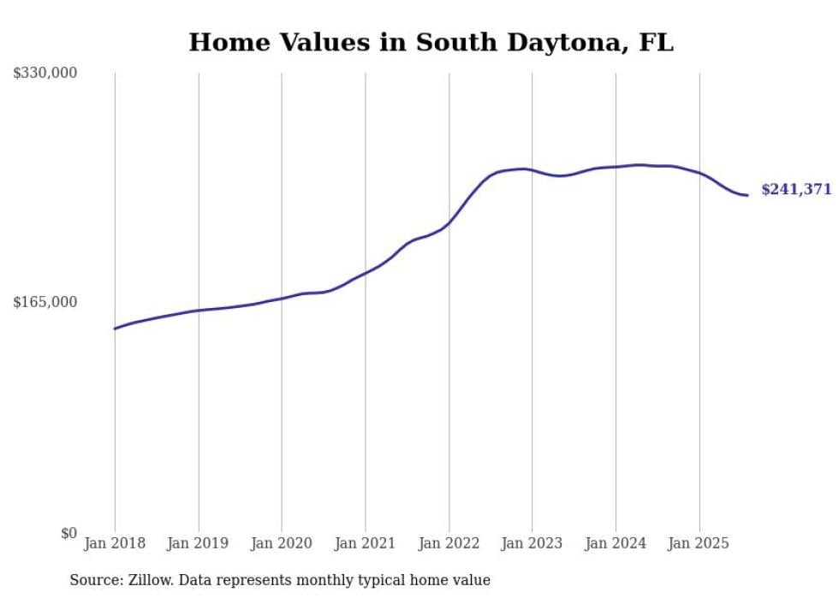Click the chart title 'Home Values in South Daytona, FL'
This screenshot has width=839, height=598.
click(431, 42)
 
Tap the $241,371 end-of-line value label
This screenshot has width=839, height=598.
click(796, 190)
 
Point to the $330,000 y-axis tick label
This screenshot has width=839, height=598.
click(45, 74)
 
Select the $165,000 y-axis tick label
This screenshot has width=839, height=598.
click(45, 302)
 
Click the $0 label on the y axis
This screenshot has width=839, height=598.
click(68, 533)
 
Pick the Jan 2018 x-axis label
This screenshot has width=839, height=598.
click(115, 543)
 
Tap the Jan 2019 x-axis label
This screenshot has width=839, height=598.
click(199, 543)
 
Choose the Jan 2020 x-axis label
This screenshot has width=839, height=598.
click(282, 543)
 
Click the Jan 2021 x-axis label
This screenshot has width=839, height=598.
click(366, 543)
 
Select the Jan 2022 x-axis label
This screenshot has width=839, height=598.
click(449, 543)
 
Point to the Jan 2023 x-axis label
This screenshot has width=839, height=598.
click(533, 543)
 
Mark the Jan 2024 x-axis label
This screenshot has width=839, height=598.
click(616, 543)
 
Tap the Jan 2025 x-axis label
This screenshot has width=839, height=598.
click(699, 543)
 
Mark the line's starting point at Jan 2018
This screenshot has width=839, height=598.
click(115, 329)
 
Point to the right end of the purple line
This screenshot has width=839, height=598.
click(748, 195)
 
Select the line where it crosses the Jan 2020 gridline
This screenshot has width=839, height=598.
click(282, 298)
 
